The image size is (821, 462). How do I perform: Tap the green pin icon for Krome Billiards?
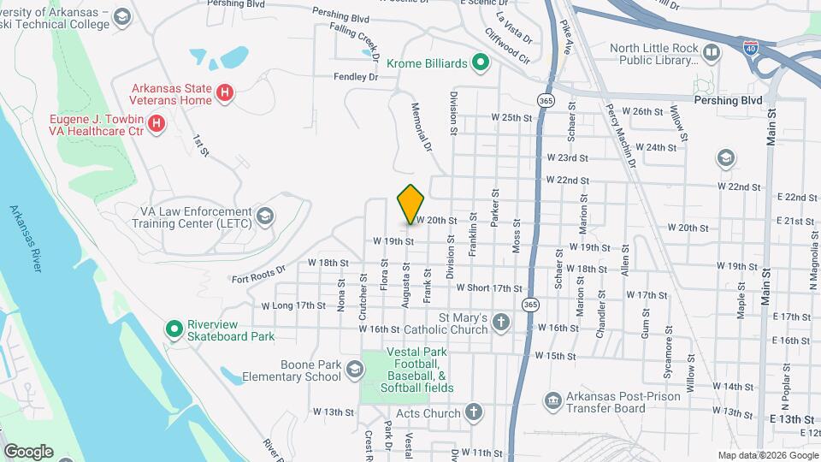coord(481,62)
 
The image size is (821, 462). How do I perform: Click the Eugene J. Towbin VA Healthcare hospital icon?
coord(157,124)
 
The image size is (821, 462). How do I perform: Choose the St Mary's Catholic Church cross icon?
coord(501,323)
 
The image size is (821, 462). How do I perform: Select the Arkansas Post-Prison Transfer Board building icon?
coord(552,400)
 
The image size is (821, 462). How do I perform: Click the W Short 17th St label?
coord(488,288)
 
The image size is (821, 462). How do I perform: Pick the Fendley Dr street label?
coord(356,77)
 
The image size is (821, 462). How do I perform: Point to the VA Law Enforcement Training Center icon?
coord(266,216)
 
